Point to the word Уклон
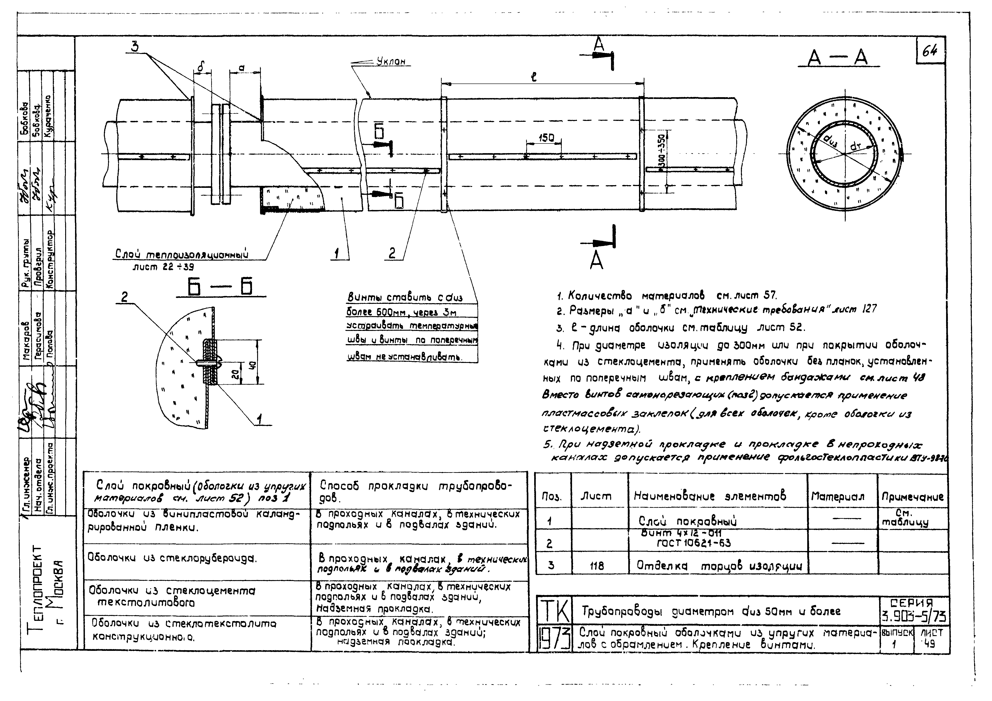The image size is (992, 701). [x=391, y=62]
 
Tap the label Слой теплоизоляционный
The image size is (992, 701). [x=181, y=255]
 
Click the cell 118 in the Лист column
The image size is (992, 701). [x=597, y=566]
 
